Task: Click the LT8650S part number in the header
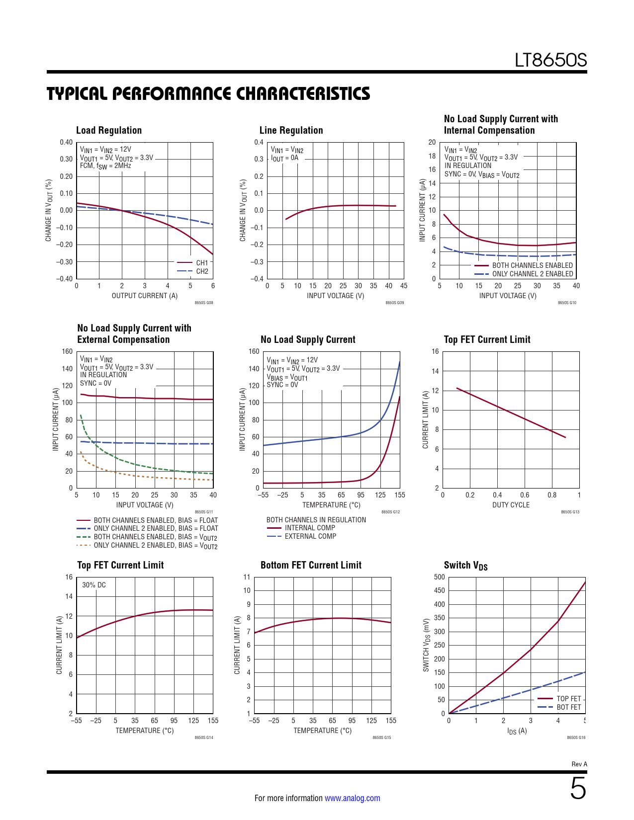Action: tap(550, 60)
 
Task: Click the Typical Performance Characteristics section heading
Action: tap(208, 93)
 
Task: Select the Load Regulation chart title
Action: tap(109, 130)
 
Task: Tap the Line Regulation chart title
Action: tap(291, 130)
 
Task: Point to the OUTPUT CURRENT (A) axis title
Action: tap(144, 296)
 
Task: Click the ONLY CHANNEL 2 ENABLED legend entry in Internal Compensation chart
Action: tap(532, 274)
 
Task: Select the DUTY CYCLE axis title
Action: tap(511, 505)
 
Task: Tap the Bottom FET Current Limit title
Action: tap(311, 565)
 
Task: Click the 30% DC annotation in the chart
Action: tap(94, 585)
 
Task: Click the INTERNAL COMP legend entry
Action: tap(310, 528)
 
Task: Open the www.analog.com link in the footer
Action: tap(352, 798)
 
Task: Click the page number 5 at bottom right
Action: tap(578, 789)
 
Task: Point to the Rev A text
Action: tap(579, 764)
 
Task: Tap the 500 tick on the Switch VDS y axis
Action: tap(439, 577)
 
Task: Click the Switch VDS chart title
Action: tap(465, 566)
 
